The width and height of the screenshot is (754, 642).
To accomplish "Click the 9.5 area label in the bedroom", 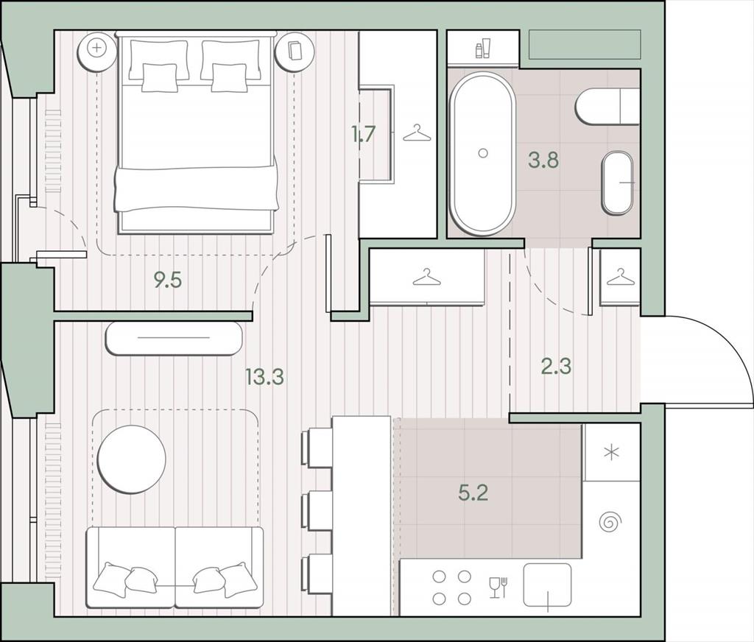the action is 167,280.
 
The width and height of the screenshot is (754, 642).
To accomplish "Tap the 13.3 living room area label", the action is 264,377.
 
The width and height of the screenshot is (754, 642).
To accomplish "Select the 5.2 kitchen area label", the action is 473,493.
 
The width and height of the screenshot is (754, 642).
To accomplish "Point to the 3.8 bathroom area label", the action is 543,160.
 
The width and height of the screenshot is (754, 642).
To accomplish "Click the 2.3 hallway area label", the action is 557,367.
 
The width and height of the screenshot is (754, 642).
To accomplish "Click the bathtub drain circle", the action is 483,153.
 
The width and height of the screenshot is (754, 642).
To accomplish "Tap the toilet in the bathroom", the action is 607,106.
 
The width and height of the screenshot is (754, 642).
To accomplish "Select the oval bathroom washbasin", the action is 617,183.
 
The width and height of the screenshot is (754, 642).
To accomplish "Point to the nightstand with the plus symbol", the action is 98,48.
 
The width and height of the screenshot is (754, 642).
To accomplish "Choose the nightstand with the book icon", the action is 294,49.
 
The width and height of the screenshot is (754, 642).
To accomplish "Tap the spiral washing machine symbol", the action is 611,521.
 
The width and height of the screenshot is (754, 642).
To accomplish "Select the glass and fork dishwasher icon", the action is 498,588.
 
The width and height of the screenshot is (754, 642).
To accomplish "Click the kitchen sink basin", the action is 547,585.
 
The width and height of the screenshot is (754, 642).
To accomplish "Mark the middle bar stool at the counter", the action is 317,511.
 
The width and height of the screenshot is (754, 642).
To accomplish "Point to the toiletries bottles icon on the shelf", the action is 483,49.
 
